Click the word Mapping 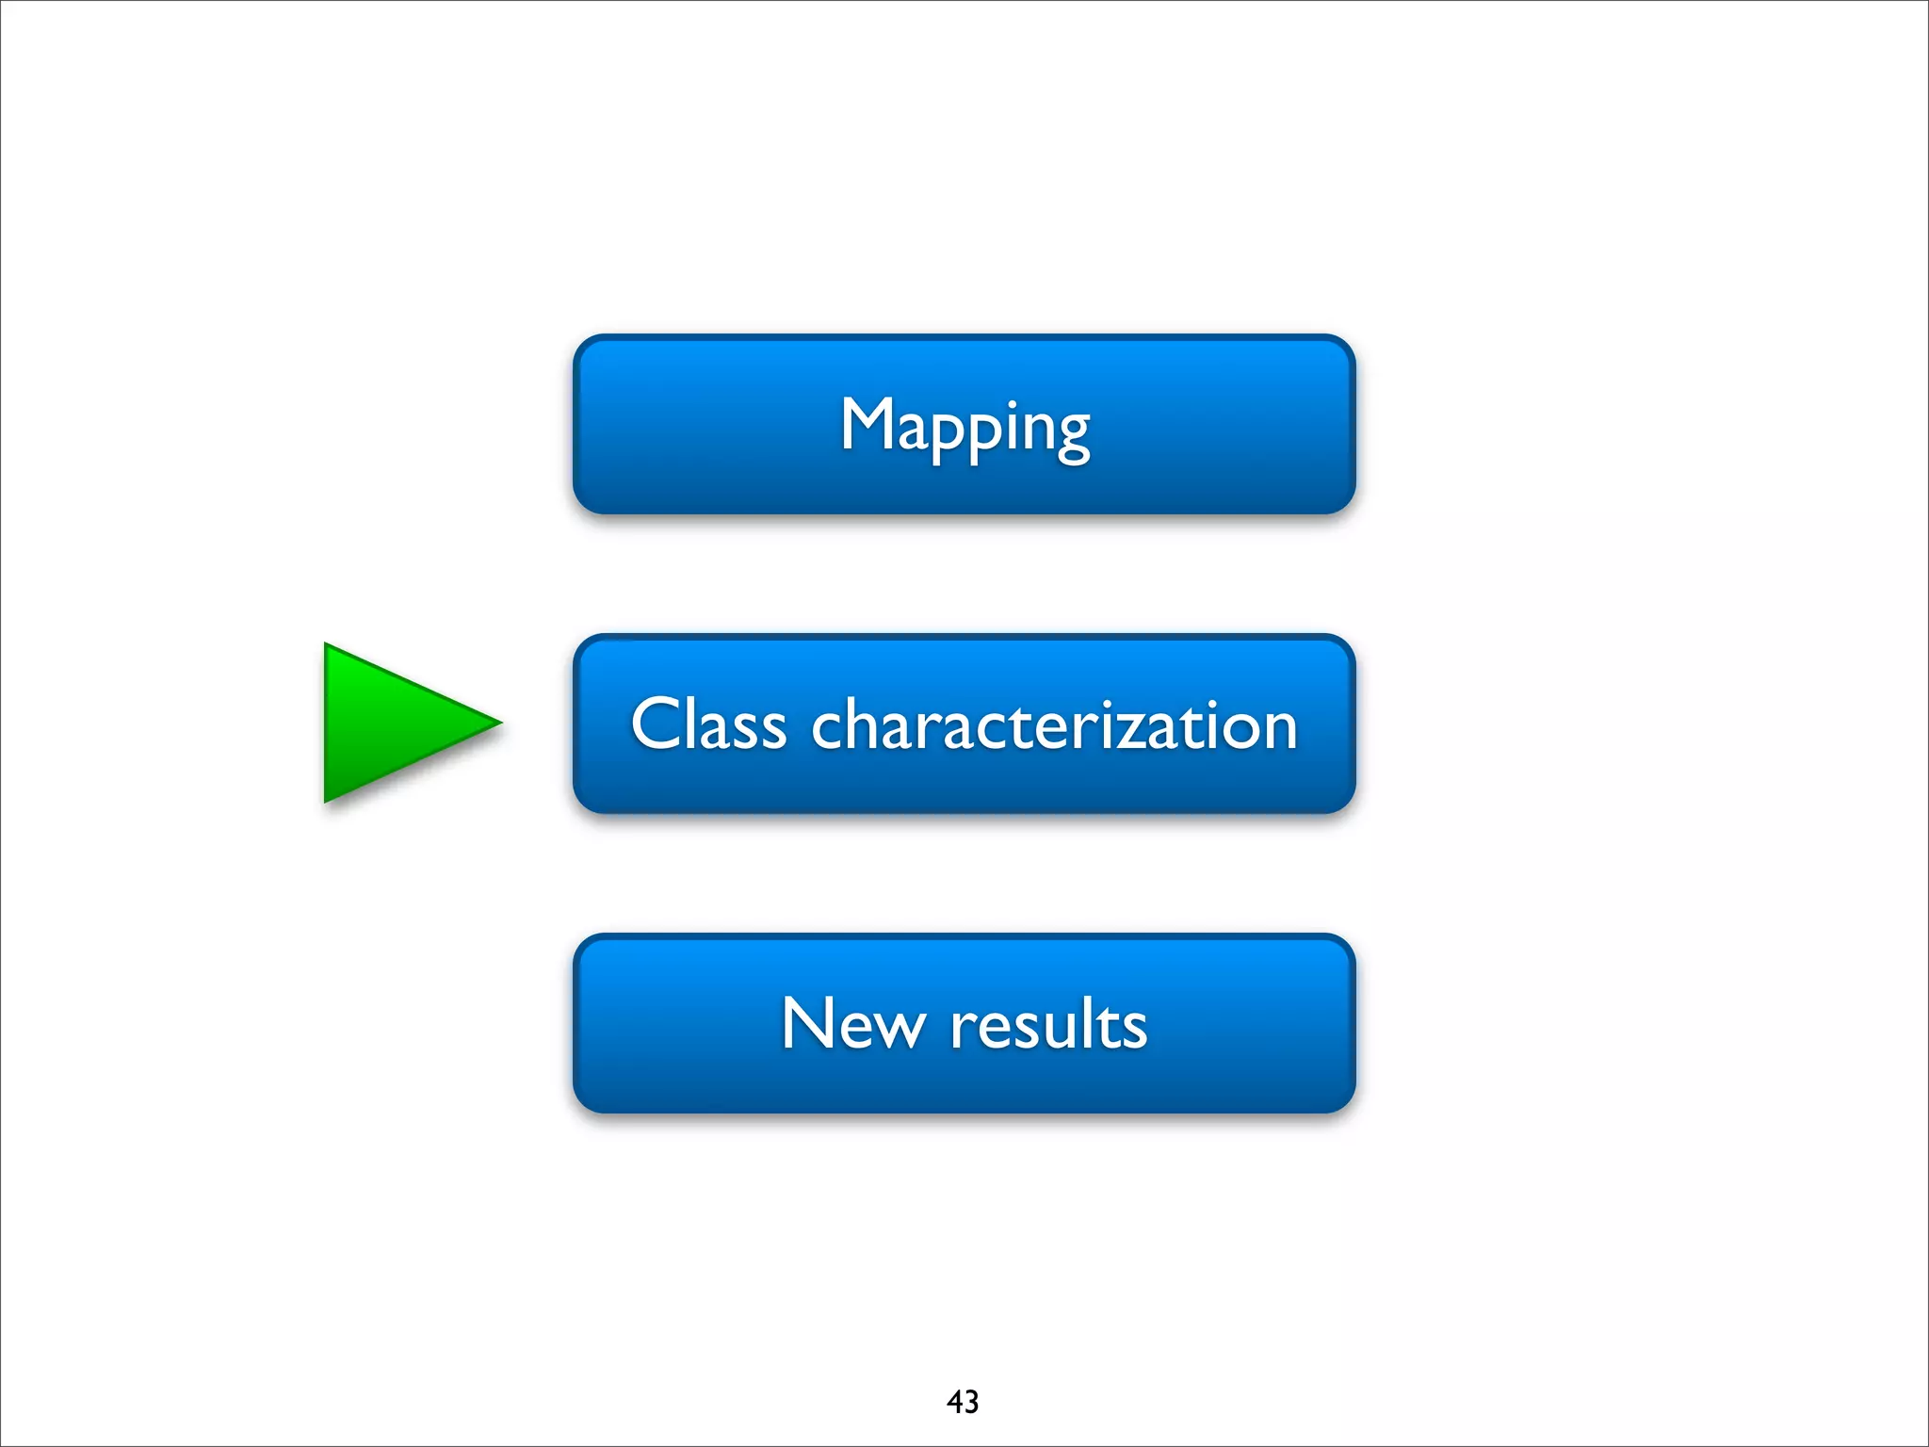point(964,426)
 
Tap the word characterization point(1054,725)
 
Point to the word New point(852,1023)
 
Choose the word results point(1048,1023)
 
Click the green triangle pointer point(396,723)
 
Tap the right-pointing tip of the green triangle point(499,723)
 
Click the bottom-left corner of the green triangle point(327,800)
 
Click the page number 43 point(963,1402)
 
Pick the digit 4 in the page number point(954,1402)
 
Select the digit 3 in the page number point(971,1402)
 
